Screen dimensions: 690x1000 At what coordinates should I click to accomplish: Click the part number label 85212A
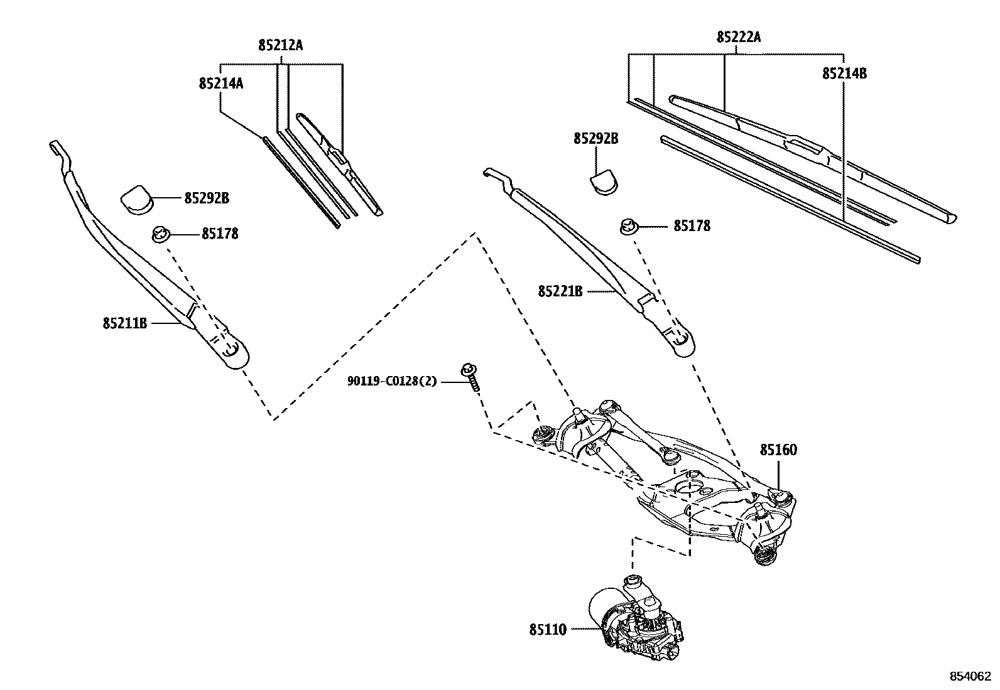click(280, 45)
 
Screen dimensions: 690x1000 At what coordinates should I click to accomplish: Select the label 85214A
click(221, 83)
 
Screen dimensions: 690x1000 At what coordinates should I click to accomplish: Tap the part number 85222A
click(739, 37)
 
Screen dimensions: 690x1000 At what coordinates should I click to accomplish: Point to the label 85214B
click(844, 73)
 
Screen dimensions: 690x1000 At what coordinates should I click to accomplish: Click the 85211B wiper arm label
click(125, 323)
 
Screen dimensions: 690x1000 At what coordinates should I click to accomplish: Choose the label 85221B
click(560, 291)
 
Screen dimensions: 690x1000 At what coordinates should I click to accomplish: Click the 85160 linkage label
click(778, 450)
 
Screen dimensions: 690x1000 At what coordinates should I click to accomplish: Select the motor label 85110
click(548, 628)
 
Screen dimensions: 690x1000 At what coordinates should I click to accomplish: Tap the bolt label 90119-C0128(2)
click(392, 381)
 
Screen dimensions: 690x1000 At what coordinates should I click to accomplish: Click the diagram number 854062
click(970, 676)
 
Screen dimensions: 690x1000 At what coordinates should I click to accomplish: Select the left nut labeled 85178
click(161, 235)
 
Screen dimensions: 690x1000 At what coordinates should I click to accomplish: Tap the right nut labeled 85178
click(628, 226)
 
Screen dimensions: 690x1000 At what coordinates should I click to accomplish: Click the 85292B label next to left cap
click(207, 198)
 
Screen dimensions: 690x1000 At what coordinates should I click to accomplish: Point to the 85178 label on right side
click(692, 226)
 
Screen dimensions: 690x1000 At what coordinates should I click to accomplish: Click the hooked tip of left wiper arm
click(56, 148)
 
